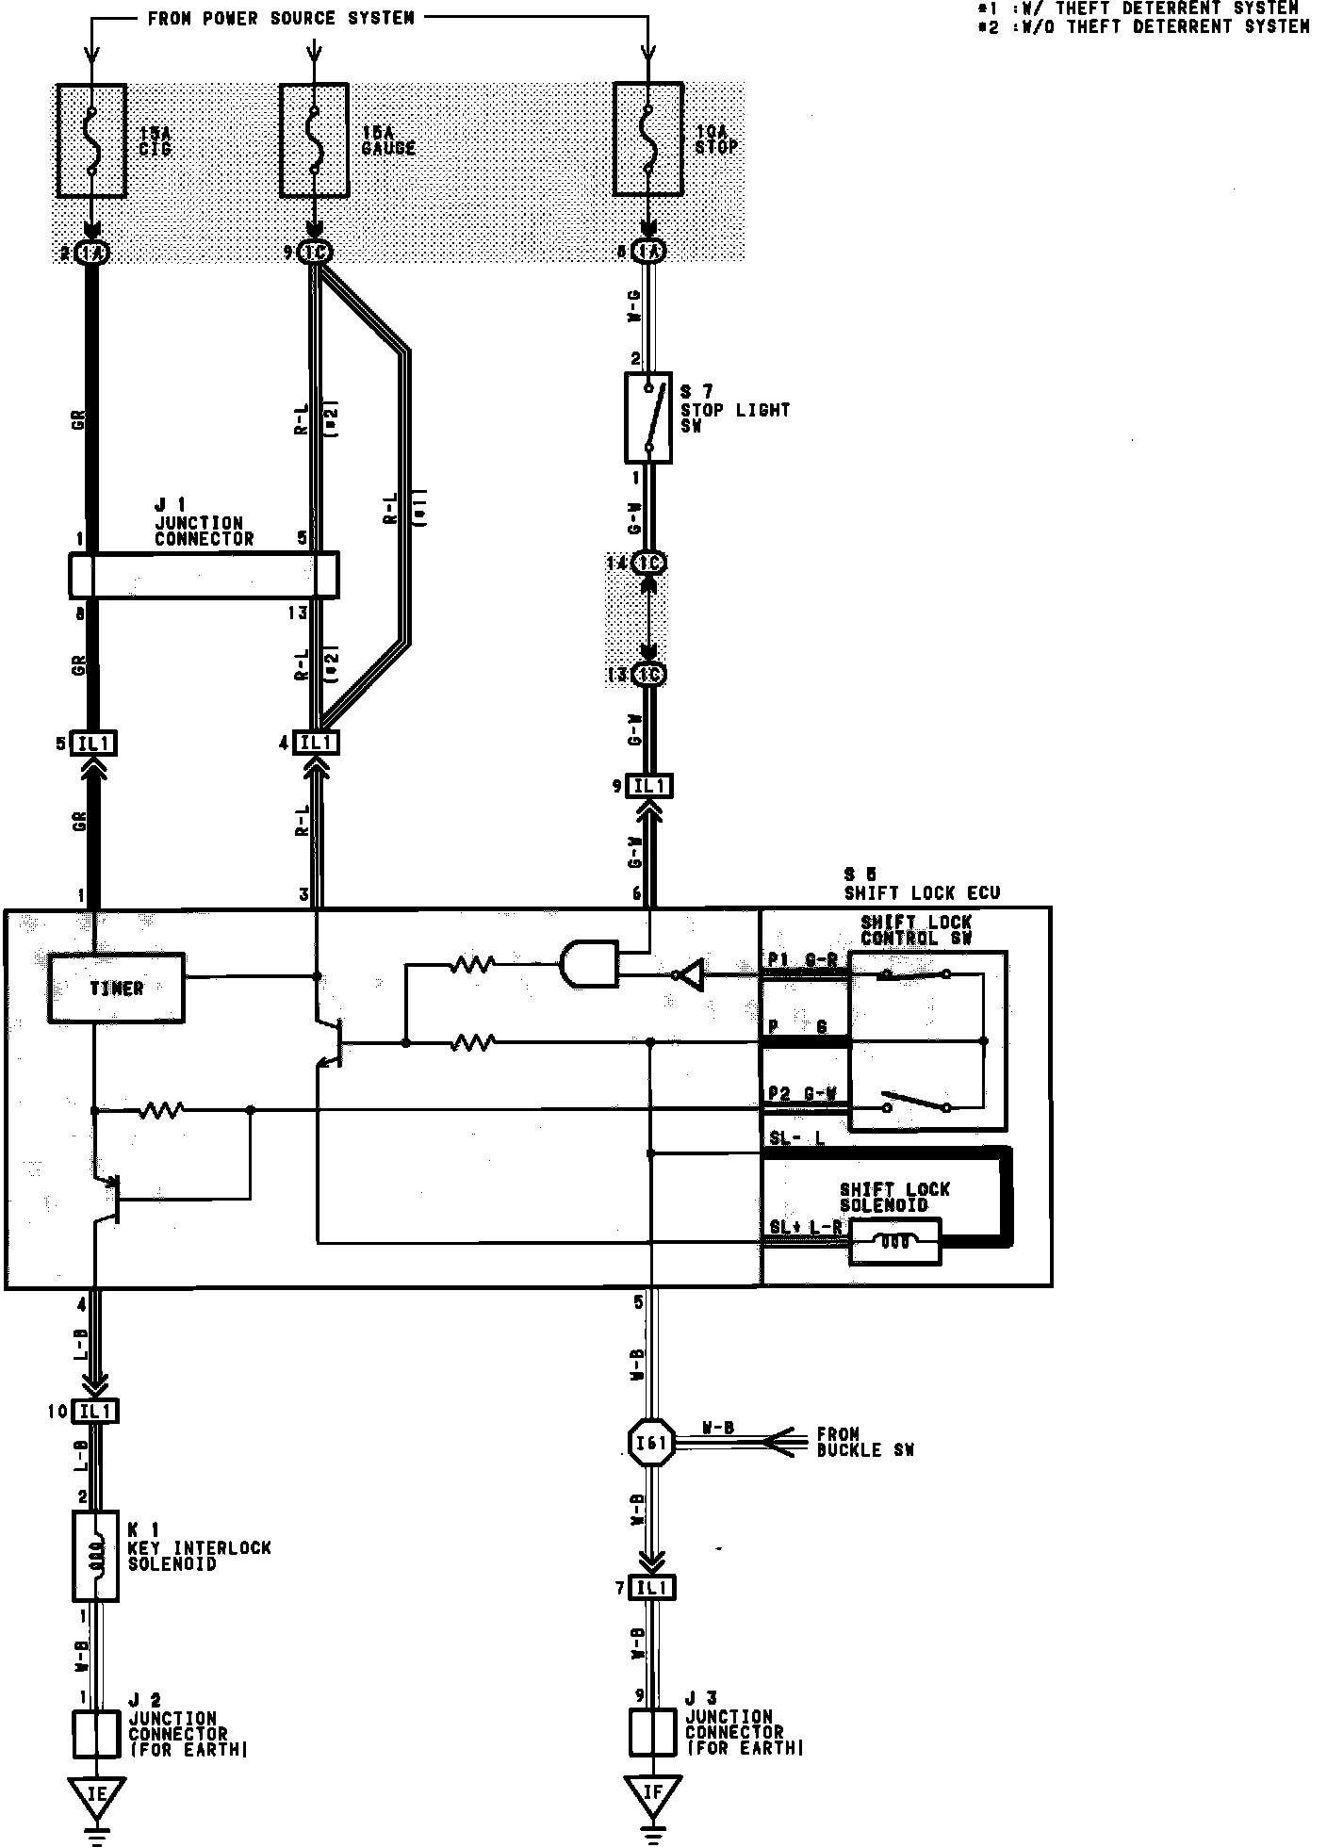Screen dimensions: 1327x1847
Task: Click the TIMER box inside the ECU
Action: [x=116, y=988]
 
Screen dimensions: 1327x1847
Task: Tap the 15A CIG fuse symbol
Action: [x=91, y=140]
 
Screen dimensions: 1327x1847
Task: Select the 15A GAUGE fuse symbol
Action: [x=315, y=140]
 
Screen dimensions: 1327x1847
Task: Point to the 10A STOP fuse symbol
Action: [x=648, y=140]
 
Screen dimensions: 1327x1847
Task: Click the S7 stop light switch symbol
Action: [x=648, y=417]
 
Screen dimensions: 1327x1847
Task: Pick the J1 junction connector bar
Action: [x=204, y=574]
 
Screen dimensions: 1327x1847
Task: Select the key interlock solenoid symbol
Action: [x=95, y=1557]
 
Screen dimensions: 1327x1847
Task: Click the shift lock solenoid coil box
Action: [x=894, y=1242]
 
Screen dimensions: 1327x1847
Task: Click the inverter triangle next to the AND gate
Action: [x=690, y=977]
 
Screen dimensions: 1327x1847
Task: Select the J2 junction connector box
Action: [x=96, y=1734]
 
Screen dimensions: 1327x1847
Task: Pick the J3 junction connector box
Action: [x=652, y=1734]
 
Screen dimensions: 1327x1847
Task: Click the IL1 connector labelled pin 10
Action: [x=96, y=1412]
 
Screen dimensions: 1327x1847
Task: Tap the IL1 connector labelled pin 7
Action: [x=652, y=1588]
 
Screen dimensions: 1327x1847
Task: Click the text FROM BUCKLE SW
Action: [x=864, y=1442]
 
